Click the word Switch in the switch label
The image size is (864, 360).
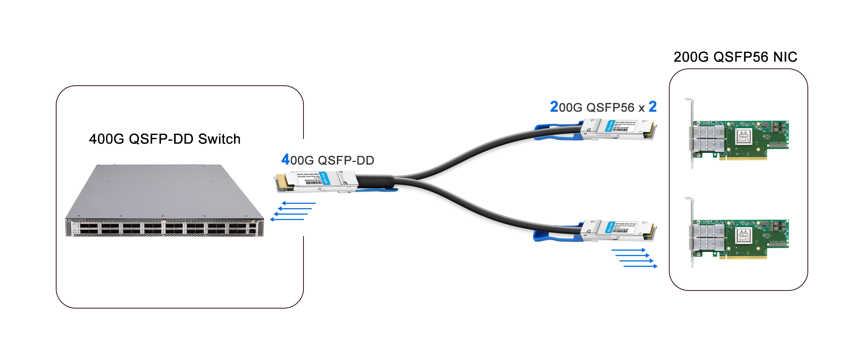pos(219,139)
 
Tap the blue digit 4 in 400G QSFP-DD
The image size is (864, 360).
pos(285,159)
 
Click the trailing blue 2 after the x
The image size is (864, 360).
pos(653,107)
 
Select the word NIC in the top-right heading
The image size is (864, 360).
pos(785,57)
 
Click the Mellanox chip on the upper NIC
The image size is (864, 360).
pos(743,136)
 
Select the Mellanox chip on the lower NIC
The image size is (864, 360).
pos(743,236)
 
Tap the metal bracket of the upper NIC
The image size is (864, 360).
pos(691,133)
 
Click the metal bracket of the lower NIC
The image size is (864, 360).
pos(691,232)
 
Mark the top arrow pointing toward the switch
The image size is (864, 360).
pos(299,203)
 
